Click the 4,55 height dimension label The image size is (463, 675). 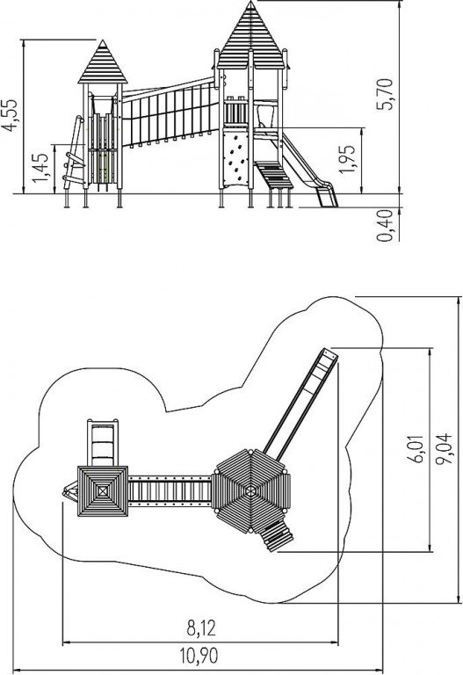coord(10,115)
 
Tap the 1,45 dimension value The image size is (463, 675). coord(41,168)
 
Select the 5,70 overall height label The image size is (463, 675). coord(385,94)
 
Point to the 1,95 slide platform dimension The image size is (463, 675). coord(347,159)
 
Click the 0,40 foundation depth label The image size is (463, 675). coord(385,226)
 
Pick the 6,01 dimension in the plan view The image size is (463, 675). coord(416,448)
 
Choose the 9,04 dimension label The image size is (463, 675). coord(444,448)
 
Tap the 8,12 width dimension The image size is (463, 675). coord(201,628)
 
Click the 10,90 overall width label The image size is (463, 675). coord(199,656)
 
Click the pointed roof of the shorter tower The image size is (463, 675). coord(103,63)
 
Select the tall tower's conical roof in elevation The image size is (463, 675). coord(251,37)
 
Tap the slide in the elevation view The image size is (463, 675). coord(307,170)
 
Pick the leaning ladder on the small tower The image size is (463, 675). coord(74,153)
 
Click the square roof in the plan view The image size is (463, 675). coord(103,490)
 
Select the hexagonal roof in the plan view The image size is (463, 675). coord(251,490)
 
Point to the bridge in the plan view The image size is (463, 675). coord(170,490)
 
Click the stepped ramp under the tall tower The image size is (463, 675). coord(273,175)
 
